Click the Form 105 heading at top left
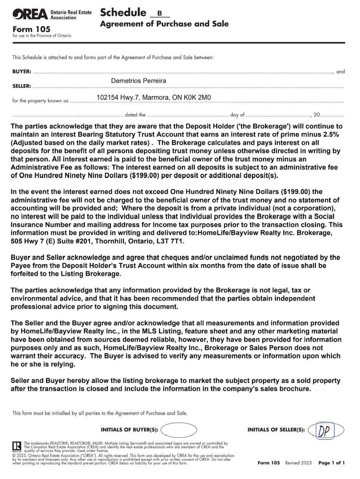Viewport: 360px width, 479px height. tap(31, 29)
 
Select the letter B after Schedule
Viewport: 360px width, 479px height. tap(159, 13)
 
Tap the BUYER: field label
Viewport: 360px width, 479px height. tap(22, 71)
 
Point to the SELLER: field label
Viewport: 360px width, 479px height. tap(22, 86)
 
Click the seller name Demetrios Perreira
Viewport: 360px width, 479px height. tap(138, 81)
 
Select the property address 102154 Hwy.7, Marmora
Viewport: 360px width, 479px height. tap(153, 98)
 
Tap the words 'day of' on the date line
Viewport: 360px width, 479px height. tap(237, 115)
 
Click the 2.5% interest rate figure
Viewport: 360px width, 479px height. tap(331, 135)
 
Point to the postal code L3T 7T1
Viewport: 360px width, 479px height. tap(171, 241)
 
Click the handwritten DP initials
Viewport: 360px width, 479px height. tap(325, 431)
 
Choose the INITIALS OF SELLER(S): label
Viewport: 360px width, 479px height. tap(276, 430)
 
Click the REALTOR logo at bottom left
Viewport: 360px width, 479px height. tap(17, 447)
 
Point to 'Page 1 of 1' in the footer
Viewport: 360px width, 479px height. tap(332, 463)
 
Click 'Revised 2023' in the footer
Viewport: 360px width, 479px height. tap(298, 463)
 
